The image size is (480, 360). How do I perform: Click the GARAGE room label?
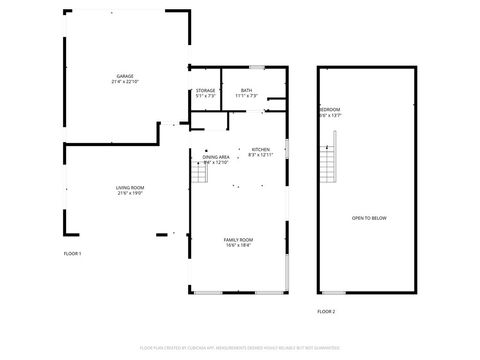coord(125,76)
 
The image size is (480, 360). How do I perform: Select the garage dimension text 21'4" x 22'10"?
coord(125,82)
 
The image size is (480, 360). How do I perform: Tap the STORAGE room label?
coord(205,91)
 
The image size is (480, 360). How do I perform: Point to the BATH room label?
coord(246,91)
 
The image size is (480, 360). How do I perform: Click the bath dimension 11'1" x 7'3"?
coord(246,97)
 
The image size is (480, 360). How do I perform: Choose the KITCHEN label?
coord(260,149)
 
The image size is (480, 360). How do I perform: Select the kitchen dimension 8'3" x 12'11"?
coord(260,155)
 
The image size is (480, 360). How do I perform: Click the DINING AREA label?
coord(216,157)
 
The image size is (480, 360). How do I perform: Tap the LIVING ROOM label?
coord(130,188)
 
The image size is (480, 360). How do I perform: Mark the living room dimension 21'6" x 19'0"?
coord(130,194)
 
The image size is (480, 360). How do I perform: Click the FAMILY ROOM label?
coord(238,240)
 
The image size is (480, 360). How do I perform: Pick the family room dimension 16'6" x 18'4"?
coord(238,246)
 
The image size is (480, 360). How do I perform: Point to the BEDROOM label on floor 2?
coord(329,109)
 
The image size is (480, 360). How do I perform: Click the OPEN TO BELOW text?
coord(365,218)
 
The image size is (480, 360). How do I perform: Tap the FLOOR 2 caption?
coord(327,312)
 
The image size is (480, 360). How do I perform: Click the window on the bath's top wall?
coord(257,67)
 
